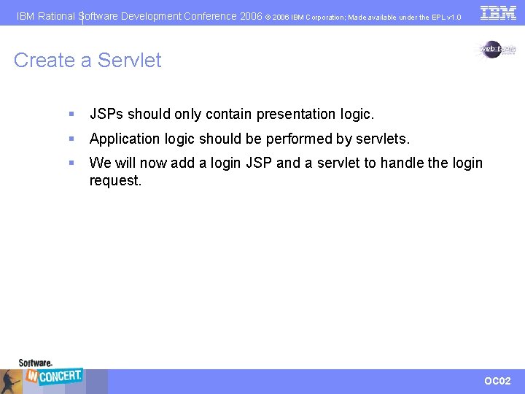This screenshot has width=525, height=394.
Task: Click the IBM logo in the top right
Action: point(498,12)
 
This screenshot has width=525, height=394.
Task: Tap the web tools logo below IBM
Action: point(497,49)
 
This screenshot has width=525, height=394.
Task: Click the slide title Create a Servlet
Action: point(87,60)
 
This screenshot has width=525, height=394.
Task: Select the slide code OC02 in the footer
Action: point(498,381)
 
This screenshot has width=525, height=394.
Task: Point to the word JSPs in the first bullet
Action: point(106,114)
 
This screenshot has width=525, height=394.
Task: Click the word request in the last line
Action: point(114,180)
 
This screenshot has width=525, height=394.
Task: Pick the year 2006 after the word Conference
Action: point(251,16)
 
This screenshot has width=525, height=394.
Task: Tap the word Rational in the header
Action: point(57,16)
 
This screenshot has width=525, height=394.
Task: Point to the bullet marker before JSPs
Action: point(71,115)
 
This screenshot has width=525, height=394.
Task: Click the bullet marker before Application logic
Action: point(71,139)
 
